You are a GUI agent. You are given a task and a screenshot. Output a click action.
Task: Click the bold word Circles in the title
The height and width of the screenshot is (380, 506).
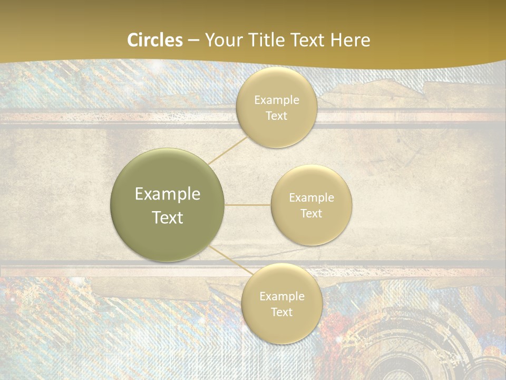pos(155,40)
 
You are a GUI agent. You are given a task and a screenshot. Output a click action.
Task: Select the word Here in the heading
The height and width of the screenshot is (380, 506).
pos(350,40)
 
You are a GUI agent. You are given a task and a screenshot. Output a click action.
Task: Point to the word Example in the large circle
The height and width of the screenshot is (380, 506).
pos(168,194)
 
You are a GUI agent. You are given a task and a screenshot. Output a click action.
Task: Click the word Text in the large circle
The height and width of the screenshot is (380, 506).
pos(168,217)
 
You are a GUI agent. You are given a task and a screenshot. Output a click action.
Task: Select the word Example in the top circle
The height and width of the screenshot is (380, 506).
pos(277,100)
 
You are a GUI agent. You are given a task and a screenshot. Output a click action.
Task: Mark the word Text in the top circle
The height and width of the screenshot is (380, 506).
pos(276,116)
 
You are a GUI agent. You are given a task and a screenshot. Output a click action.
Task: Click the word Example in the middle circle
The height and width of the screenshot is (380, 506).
pos(312,197)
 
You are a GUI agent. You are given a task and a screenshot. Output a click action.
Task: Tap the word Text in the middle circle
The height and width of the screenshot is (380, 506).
pos(312,213)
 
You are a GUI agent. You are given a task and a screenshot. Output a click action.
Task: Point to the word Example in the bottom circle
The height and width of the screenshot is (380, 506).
pos(282,296)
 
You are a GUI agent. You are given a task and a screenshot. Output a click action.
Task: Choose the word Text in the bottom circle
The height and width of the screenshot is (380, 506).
pos(281,312)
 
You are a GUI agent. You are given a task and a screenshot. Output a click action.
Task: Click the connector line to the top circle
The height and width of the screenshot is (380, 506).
pos(228,150)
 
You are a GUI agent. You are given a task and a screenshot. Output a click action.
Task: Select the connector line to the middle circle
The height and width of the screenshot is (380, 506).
pos(248,205)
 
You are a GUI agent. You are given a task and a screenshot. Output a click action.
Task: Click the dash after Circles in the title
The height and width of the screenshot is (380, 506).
pos(193,41)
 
